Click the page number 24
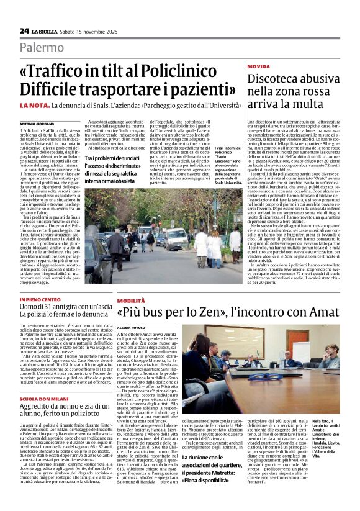coord(24,30)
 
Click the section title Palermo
coord(41,47)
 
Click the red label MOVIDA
coord(258,66)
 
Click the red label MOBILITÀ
coord(131,301)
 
